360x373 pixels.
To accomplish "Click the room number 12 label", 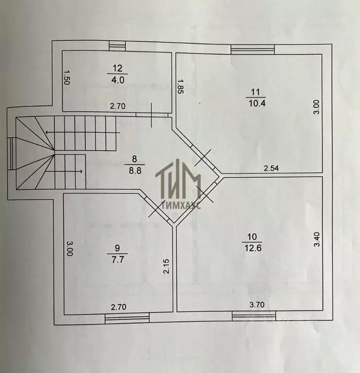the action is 117,68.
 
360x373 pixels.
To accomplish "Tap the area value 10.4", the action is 257,103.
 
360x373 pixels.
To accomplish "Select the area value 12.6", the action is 253,248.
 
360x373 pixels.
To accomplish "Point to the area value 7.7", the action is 118,259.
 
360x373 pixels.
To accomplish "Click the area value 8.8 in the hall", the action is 135,170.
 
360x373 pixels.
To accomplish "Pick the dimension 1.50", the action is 66,77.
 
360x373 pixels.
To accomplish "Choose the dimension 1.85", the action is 180,86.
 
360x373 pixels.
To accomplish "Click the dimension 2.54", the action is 271,168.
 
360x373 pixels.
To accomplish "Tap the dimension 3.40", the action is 317,239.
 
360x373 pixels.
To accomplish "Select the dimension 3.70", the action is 257,305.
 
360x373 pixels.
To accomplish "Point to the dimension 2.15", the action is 166,266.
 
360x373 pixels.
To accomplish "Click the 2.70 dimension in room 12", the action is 117,106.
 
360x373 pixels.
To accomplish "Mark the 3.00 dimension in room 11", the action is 317,107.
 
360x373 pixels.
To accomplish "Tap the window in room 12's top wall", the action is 117,46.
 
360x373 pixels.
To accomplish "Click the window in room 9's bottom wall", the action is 127,318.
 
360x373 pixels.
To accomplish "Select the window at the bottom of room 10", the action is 254,316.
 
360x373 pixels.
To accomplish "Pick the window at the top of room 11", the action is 253,50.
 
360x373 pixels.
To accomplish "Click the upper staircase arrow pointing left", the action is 82,132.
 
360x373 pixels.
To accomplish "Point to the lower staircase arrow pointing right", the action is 64,171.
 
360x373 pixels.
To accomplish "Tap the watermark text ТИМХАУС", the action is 181,205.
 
